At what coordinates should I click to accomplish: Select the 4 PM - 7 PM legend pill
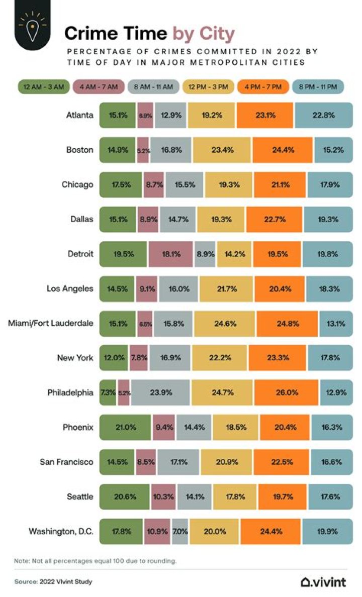point(264,86)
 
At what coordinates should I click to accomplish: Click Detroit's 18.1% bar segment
point(171,254)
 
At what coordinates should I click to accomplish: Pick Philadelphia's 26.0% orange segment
point(286,392)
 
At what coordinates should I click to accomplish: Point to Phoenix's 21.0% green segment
point(125,427)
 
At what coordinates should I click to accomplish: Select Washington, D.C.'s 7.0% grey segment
point(180,531)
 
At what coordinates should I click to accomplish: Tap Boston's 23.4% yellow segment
point(221,149)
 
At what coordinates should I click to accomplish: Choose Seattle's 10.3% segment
point(163,496)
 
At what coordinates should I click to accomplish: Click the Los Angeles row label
point(70,288)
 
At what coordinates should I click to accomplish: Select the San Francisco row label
point(66,462)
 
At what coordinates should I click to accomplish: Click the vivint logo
point(323,582)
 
